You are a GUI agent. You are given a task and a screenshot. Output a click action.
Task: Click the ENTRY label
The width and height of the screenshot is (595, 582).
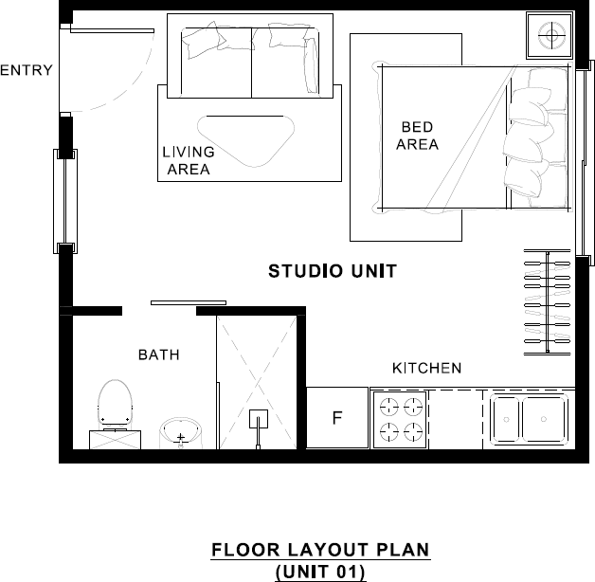26,70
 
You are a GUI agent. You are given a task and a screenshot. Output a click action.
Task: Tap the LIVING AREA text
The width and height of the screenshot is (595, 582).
188,161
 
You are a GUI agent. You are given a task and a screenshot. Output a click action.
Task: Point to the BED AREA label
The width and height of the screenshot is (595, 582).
417,136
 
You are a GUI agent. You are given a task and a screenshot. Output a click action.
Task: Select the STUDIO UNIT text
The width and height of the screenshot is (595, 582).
333,272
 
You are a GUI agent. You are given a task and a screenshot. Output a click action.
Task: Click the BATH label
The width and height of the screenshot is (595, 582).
159,355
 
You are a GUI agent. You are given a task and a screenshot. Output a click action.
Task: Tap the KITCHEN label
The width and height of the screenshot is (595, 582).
426,368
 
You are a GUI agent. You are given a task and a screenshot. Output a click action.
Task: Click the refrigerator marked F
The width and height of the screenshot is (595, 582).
336,418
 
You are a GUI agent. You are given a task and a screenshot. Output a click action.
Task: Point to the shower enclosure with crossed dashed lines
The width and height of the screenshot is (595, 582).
259,379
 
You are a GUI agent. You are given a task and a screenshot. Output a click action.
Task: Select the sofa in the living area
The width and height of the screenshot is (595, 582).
251,56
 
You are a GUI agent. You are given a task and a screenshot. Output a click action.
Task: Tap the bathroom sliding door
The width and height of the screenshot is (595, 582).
189,303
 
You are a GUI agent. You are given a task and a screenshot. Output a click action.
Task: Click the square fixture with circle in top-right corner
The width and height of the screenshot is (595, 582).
550,38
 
